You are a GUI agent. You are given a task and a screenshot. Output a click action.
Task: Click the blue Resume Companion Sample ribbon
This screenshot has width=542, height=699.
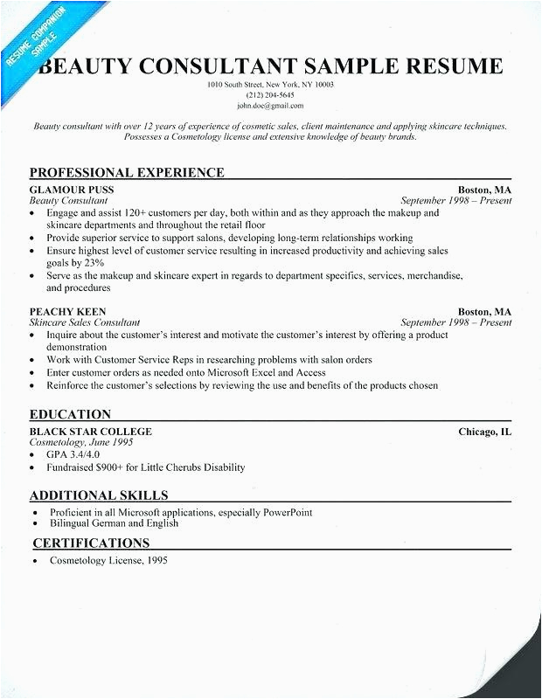pyautogui.click(x=35, y=44)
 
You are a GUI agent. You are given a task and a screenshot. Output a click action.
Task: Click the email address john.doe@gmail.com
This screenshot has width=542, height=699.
pyautogui.click(x=270, y=105)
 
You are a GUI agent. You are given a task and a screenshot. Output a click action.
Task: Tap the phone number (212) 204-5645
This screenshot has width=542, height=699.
pyautogui.click(x=271, y=94)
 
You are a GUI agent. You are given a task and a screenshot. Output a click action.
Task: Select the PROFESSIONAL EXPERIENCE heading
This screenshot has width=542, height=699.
pyautogui.click(x=127, y=172)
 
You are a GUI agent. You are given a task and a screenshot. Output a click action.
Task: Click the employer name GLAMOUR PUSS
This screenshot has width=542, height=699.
pyautogui.click(x=72, y=190)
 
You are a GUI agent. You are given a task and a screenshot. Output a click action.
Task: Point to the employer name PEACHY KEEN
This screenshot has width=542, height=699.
pyautogui.click(x=68, y=311)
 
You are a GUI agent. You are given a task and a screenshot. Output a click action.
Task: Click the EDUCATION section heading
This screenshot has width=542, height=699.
pyautogui.click(x=70, y=414)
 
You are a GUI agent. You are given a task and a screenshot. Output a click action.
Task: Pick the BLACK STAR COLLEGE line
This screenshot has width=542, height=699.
pyautogui.click(x=91, y=432)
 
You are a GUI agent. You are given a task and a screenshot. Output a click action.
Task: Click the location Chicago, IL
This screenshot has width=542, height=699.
pyautogui.click(x=485, y=432)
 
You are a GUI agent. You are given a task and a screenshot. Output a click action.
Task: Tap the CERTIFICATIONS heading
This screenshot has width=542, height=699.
pyautogui.click(x=91, y=543)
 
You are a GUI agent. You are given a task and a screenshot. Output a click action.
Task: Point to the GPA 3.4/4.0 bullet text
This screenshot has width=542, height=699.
pyautogui.click(x=75, y=455)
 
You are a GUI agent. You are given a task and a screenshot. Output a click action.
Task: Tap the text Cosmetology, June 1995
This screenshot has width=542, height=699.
pyautogui.click(x=80, y=443)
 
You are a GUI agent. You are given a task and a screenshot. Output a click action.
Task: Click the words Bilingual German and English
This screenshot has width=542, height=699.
pyautogui.click(x=113, y=523)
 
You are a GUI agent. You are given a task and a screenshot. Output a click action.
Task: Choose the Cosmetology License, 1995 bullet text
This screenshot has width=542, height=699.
pyautogui.click(x=107, y=561)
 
